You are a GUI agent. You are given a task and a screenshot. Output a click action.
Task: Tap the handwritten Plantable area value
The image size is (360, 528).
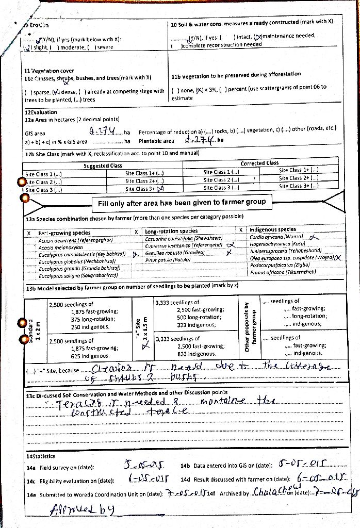(x=199, y=140)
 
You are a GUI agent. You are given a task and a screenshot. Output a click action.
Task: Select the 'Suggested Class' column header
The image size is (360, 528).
(x=103, y=166)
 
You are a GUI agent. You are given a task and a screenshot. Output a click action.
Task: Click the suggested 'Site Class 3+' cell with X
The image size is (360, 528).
(x=144, y=189)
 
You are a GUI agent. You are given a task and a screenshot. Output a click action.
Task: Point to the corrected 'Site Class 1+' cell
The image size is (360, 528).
(x=299, y=170)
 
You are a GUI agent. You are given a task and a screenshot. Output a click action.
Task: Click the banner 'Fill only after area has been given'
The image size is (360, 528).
(x=182, y=203)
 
